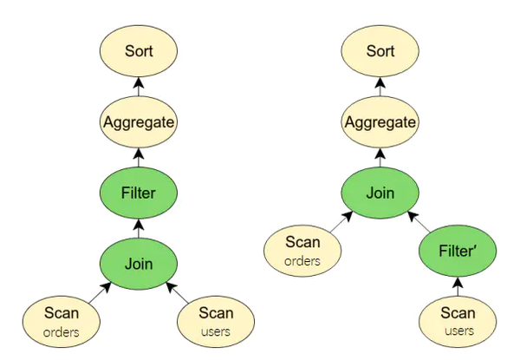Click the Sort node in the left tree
tap(139, 51)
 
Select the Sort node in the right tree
tap(380, 51)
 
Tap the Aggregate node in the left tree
tap(139, 122)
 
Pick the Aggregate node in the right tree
tap(380, 122)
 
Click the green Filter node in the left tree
tap(139, 193)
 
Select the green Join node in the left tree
tap(139, 262)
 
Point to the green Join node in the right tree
tap(380, 193)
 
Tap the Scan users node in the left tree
tap(217, 321)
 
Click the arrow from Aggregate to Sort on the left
tap(139, 87)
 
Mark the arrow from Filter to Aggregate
tap(139, 157)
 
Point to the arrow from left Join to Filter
tap(139, 227)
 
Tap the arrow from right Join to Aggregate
tap(380, 157)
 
